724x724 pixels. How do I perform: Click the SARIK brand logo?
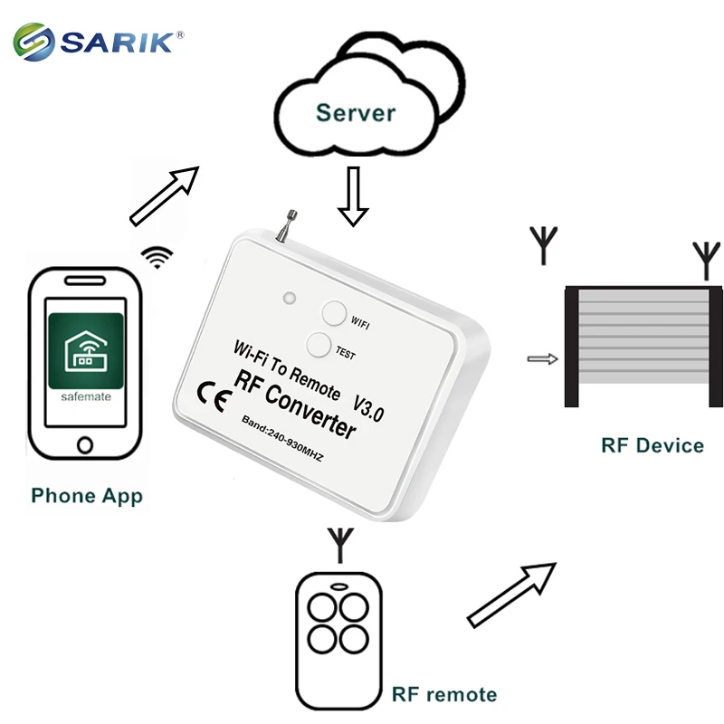point(99,42)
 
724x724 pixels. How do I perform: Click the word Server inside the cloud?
point(356,113)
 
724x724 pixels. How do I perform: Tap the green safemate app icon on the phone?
point(86,357)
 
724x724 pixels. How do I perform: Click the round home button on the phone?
point(86,444)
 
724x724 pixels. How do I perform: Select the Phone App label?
point(87,496)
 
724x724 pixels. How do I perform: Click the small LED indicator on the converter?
point(290,298)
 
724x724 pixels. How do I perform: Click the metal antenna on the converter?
point(287,225)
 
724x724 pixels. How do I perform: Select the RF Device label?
point(652,445)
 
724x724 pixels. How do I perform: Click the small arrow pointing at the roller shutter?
point(541,359)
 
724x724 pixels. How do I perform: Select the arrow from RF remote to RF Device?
point(511,593)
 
